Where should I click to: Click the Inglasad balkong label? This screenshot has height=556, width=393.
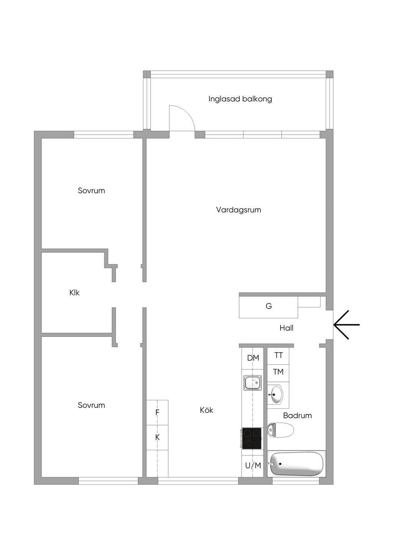[240, 99]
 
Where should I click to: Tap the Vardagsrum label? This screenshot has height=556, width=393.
[238, 210]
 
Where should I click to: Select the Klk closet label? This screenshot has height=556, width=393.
[74, 293]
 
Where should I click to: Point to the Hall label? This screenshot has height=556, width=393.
[286, 328]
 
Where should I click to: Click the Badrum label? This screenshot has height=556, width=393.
[297, 416]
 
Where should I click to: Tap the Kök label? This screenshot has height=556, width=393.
[206, 410]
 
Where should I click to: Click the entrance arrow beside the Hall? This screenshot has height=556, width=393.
[346, 325]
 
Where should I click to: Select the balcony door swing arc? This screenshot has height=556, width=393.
[188, 113]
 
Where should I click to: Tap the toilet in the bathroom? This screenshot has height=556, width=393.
[281, 430]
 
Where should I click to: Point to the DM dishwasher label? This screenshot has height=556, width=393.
[253, 358]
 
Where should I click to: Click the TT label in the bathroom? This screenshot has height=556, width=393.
[279, 355]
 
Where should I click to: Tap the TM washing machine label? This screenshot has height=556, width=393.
[278, 372]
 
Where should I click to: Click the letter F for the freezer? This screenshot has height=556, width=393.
[157, 412]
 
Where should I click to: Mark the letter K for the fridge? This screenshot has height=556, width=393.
[157, 437]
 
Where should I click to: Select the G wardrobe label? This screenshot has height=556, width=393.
[269, 306]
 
